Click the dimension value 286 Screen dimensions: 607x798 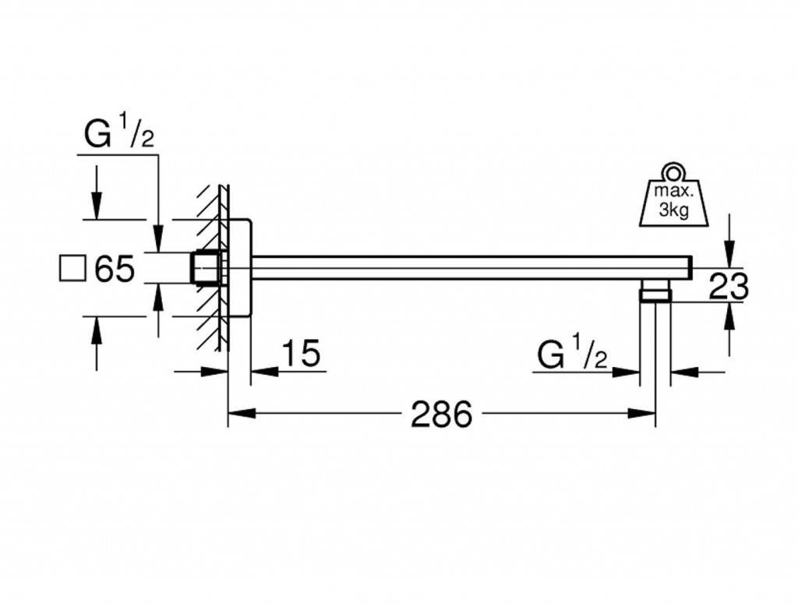click(443, 415)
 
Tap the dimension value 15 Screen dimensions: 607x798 click(300, 355)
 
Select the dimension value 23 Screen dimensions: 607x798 click(729, 287)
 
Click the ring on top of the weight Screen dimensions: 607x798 click(672, 171)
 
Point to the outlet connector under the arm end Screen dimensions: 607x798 click(655, 295)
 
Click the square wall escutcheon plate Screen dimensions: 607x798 click(239, 269)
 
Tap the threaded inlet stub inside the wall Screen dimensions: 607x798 click(205, 269)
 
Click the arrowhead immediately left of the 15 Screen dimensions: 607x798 click(260, 372)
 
